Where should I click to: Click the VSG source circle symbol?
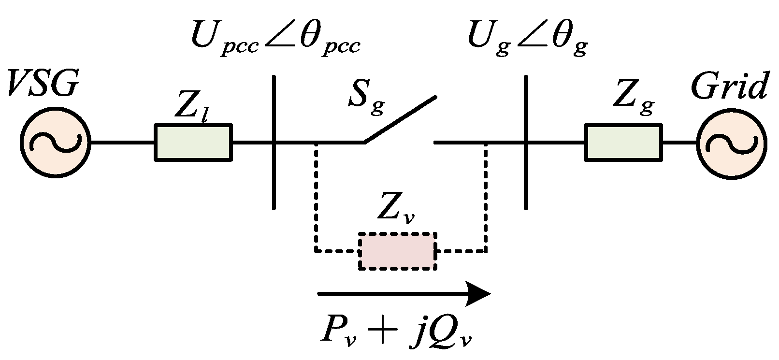tap(55, 143)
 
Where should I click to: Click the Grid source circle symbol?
tap(732, 143)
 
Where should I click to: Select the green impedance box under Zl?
tap(193, 142)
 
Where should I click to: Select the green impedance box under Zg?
tap(623, 142)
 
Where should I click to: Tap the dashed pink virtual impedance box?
tap(397, 251)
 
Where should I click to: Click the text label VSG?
tap(42, 86)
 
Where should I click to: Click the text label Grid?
tap(729, 87)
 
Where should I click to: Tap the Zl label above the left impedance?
tap(191, 110)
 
